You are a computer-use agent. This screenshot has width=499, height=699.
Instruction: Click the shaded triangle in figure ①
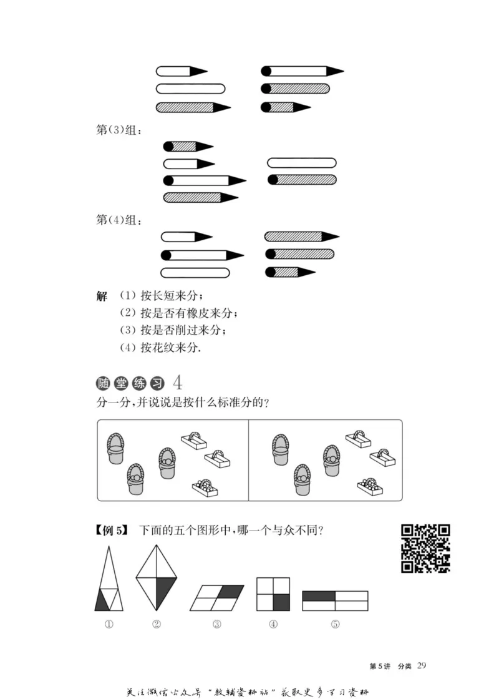click(x=102, y=602)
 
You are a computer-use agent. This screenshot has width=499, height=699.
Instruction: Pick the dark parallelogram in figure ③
click(x=230, y=590)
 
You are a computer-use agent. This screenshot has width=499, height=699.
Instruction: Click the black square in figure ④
click(x=282, y=602)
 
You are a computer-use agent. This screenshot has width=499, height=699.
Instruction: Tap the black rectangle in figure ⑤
click(x=319, y=596)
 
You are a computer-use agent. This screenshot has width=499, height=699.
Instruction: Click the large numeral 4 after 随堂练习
click(x=179, y=382)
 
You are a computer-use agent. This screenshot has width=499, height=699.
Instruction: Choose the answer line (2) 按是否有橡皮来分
click(x=179, y=313)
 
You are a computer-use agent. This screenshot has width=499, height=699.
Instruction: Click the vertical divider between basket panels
click(x=248, y=460)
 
